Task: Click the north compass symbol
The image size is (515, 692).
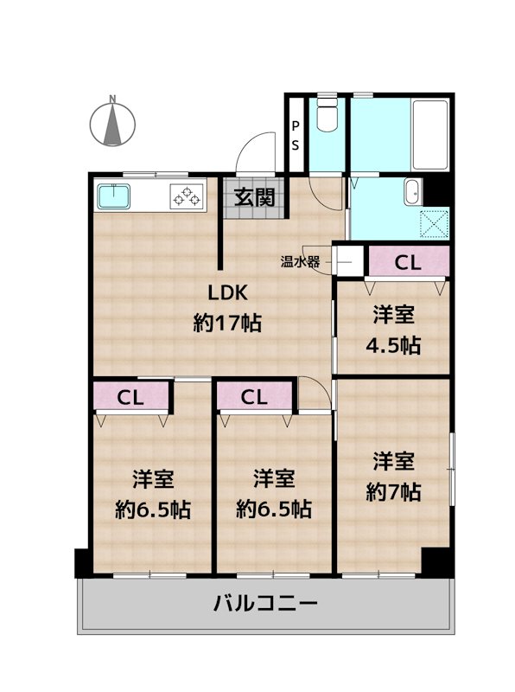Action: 112,122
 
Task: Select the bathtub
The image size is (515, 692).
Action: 430,135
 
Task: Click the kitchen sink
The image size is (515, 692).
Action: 114,196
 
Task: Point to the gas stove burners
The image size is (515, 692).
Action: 187,196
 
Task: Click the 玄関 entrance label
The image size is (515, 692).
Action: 254,197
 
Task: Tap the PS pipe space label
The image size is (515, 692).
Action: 295,136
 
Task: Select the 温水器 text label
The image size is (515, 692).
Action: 300,262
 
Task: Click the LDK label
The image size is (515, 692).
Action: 227,292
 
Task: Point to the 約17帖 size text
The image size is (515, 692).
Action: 227,323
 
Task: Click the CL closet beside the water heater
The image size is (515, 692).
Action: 409,263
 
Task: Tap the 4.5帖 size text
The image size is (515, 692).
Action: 393,345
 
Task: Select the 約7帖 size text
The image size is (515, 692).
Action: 393,491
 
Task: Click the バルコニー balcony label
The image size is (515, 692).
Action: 265,603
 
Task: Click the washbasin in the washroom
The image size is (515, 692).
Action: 413,192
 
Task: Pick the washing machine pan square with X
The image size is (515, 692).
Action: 435,224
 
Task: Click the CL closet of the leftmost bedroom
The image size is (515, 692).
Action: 131,397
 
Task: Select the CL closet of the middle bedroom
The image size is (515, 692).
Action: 254,397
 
